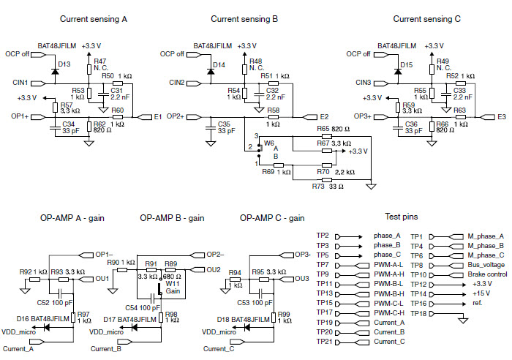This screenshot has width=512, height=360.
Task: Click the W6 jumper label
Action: (x=268, y=143)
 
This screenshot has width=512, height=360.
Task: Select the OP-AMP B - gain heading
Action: (x=170, y=218)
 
